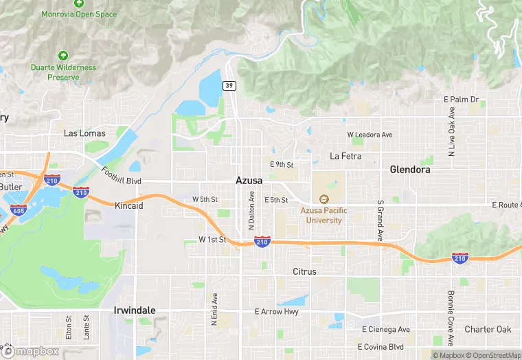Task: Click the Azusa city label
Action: click(249, 180)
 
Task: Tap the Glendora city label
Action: click(409, 169)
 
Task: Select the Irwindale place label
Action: click(134, 311)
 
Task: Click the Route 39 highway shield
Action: click(228, 85)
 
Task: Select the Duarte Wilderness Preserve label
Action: click(63, 72)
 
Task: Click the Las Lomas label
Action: click(82, 133)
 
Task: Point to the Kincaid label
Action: click(129, 205)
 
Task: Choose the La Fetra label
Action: click(345, 156)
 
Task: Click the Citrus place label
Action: click(304, 271)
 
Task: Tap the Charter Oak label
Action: click(488, 329)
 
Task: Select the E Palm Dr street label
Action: click(461, 100)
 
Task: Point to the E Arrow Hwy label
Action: click(276, 311)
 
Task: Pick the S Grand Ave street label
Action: click(379, 221)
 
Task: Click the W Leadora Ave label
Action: click(370, 135)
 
